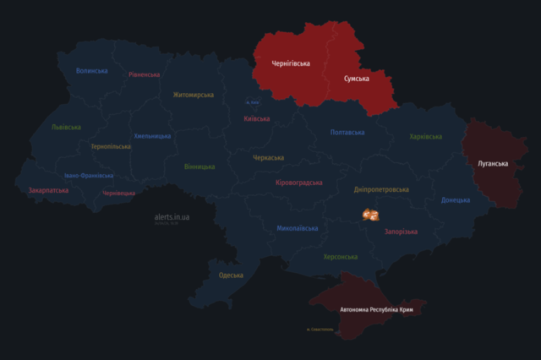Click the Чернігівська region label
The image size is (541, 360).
pos(291,63)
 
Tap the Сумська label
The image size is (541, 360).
pos(356,79)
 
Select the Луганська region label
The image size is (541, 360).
pos(492,162)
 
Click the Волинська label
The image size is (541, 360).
pos(91,71)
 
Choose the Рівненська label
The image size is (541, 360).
pos(145,74)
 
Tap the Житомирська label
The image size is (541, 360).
pos(194,95)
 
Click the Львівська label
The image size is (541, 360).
pos(66,127)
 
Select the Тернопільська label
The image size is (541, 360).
pos(112,146)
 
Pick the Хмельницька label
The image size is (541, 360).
pos(152,136)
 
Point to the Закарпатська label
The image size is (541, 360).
pos(47,191)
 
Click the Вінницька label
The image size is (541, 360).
pos(199,166)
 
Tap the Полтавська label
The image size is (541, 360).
pos(347,133)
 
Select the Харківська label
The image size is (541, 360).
pos(426,137)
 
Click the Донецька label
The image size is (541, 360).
pos(456,200)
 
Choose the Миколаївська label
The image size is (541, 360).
pos(298,228)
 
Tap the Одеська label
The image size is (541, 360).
pos(231,275)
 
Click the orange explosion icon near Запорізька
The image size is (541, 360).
pos(369,215)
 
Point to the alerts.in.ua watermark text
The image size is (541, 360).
pos(172,216)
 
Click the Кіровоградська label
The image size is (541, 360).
pos(299,183)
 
